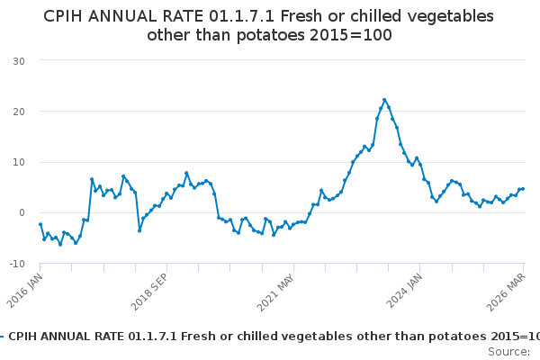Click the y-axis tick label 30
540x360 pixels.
(18, 60)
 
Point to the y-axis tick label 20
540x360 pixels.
(18, 112)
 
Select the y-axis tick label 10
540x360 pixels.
(18, 162)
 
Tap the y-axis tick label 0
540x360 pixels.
(21, 213)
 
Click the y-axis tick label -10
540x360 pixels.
(16, 264)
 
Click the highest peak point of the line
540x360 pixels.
(384, 100)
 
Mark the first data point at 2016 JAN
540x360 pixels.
(40, 224)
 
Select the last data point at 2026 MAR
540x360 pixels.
(523, 189)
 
